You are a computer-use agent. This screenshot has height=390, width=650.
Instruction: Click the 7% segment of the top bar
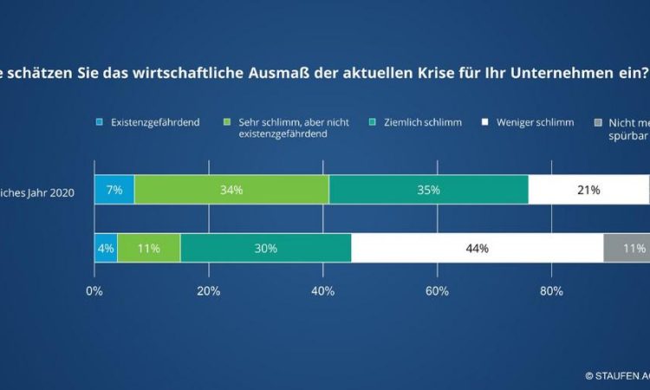click(x=114, y=190)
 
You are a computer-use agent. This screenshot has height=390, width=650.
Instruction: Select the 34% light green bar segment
click(x=231, y=190)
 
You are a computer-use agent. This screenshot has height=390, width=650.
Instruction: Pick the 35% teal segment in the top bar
click(x=428, y=190)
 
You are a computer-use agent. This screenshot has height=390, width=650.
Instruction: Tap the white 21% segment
click(x=589, y=190)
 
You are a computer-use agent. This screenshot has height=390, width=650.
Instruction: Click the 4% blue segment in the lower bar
click(x=106, y=248)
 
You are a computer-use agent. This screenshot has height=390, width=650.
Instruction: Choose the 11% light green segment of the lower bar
click(x=148, y=248)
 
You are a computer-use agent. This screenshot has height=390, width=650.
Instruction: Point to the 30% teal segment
click(x=265, y=248)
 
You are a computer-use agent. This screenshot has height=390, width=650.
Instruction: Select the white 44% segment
click(x=478, y=248)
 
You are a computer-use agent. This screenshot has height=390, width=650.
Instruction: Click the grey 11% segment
click(x=627, y=248)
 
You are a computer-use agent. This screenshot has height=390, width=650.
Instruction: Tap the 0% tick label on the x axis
click(x=94, y=291)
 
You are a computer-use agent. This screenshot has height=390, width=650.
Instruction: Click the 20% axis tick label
click(x=208, y=291)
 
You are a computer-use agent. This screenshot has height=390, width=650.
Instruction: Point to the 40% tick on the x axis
click(x=322, y=291)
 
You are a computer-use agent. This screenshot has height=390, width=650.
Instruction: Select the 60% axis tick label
click(x=437, y=291)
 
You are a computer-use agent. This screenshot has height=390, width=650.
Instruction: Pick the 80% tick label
click(x=551, y=291)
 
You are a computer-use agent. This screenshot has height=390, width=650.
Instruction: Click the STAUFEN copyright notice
click(x=617, y=376)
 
